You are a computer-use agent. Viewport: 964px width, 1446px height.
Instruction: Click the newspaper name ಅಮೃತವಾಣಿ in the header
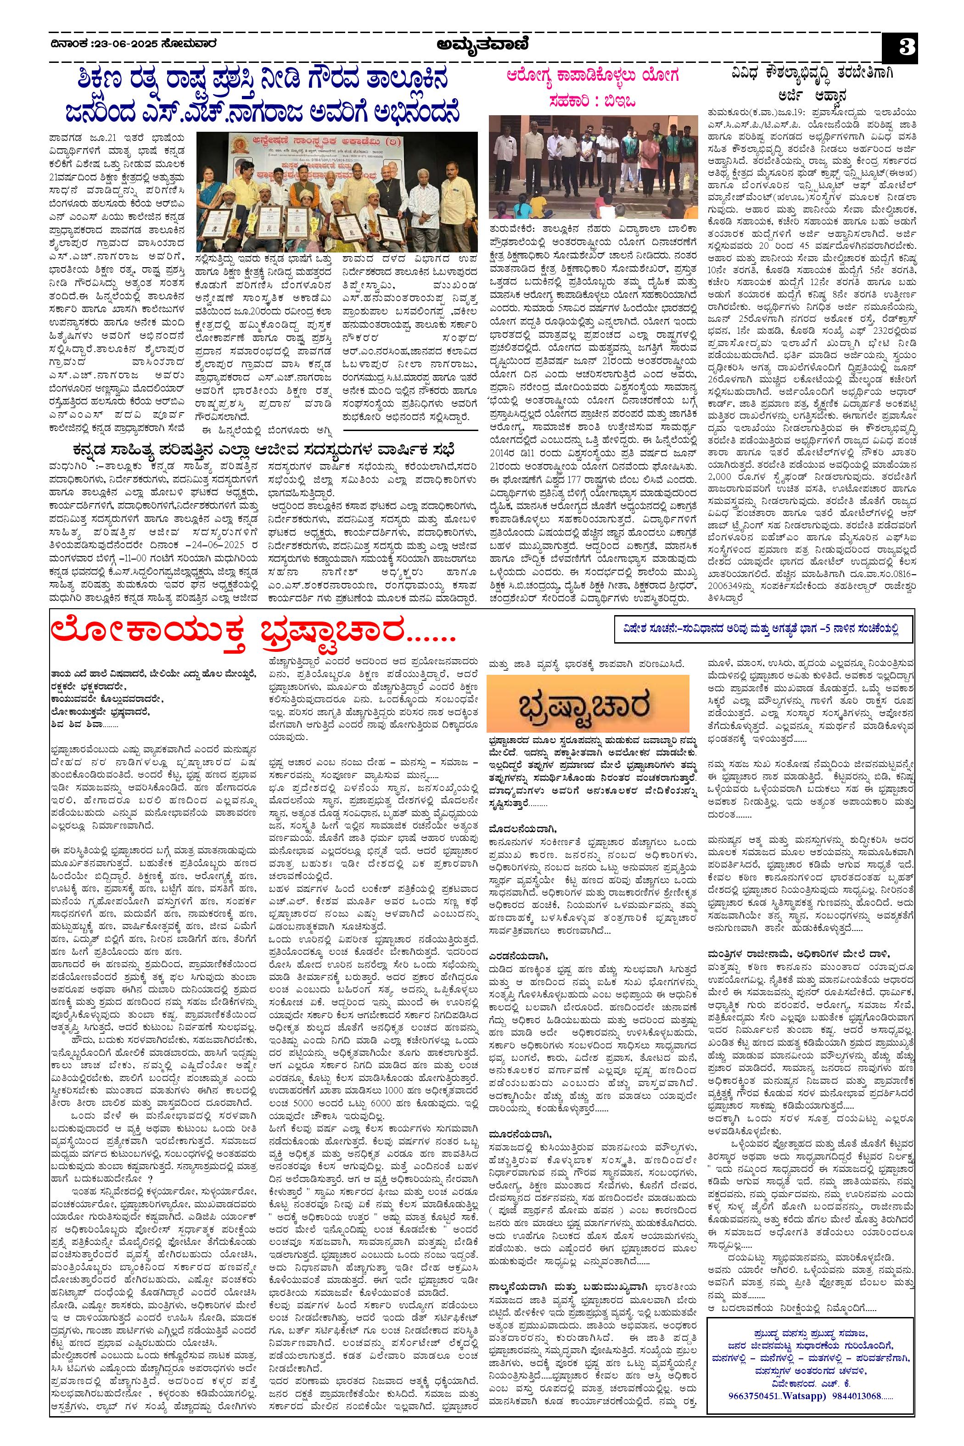click(483, 45)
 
